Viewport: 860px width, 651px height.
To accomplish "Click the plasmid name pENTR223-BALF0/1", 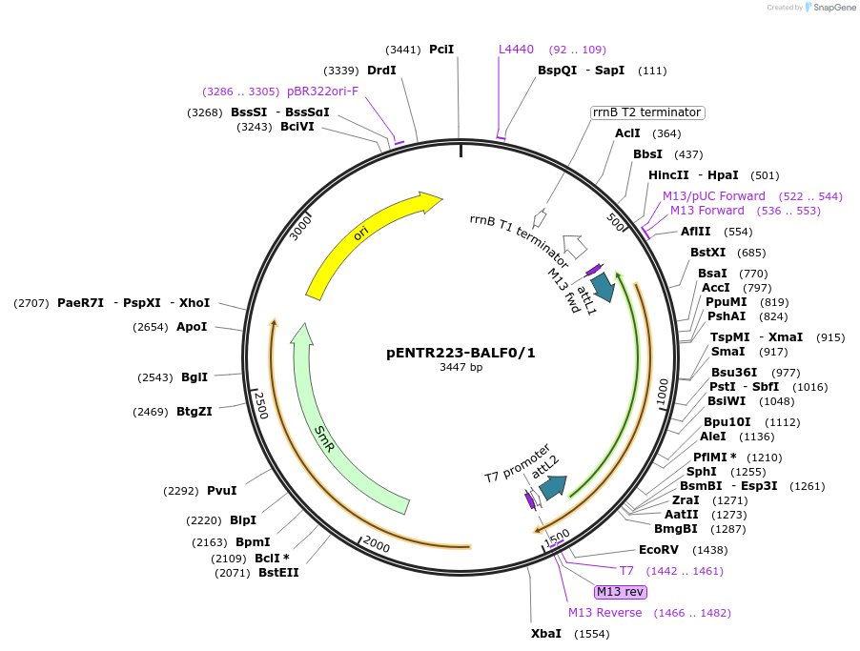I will click(461, 353).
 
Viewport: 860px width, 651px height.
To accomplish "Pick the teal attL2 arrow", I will click(552, 487).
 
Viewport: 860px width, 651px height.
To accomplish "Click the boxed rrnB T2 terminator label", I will click(647, 112).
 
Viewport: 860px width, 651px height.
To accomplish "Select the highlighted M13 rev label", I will click(621, 592).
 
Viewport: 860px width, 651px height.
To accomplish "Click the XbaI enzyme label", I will click(546, 633).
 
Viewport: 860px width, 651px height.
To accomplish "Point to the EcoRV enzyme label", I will click(658, 550).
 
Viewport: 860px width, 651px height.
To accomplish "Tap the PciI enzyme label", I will click(441, 49).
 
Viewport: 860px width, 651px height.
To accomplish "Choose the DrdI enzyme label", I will click(381, 70).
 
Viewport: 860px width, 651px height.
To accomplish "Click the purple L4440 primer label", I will click(516, 50).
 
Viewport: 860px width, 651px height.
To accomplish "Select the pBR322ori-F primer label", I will click(322, 92).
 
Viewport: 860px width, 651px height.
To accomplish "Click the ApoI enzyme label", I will click(192, 327).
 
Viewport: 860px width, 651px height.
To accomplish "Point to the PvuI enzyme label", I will click(222, 491).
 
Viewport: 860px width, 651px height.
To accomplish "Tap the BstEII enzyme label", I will click(278, 573).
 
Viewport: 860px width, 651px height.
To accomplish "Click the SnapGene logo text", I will click(833, 8).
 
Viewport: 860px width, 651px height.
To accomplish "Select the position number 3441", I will click(403, 50).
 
